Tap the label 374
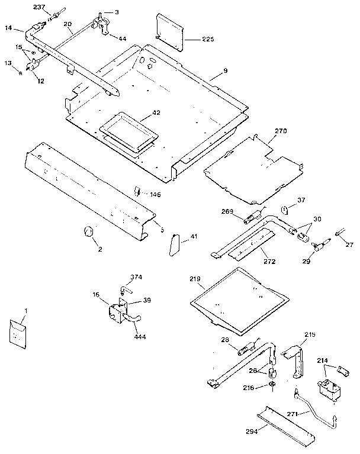tap(137, 277)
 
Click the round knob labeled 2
tap(89, 231)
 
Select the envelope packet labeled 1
tap(18, 333)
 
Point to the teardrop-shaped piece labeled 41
tap(174, 243)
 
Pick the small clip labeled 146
tap(136, 191)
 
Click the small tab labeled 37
tap(284, 210)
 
